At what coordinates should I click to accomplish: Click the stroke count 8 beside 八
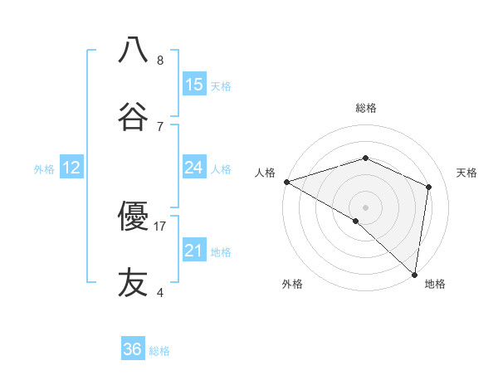click(x=160, y=61)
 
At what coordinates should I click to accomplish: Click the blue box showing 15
click(x=194, y=85)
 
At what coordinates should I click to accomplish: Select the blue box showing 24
click(x=194, y=168)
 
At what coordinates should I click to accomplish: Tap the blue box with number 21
click(x=194, y=251)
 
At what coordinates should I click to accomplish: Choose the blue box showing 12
click(x=71, y=168)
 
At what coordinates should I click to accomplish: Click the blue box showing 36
click(x=133, y=349)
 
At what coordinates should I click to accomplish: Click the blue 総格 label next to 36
click(x=159, y=351)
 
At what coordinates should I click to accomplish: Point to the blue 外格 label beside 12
click(x=44, y=169)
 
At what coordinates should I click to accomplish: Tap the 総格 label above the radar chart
click(x=366, y=108)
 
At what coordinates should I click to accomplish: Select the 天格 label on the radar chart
click(x=467, y=173)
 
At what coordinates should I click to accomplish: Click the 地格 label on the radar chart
click(x=435, y=285)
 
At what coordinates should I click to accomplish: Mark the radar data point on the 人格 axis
click(x=286, y=182)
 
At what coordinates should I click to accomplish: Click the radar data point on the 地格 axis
click(x=415, y=274)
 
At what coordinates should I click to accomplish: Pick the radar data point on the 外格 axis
click(x=356, y=221)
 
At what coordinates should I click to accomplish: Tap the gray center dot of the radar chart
click(x=366, y=207)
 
